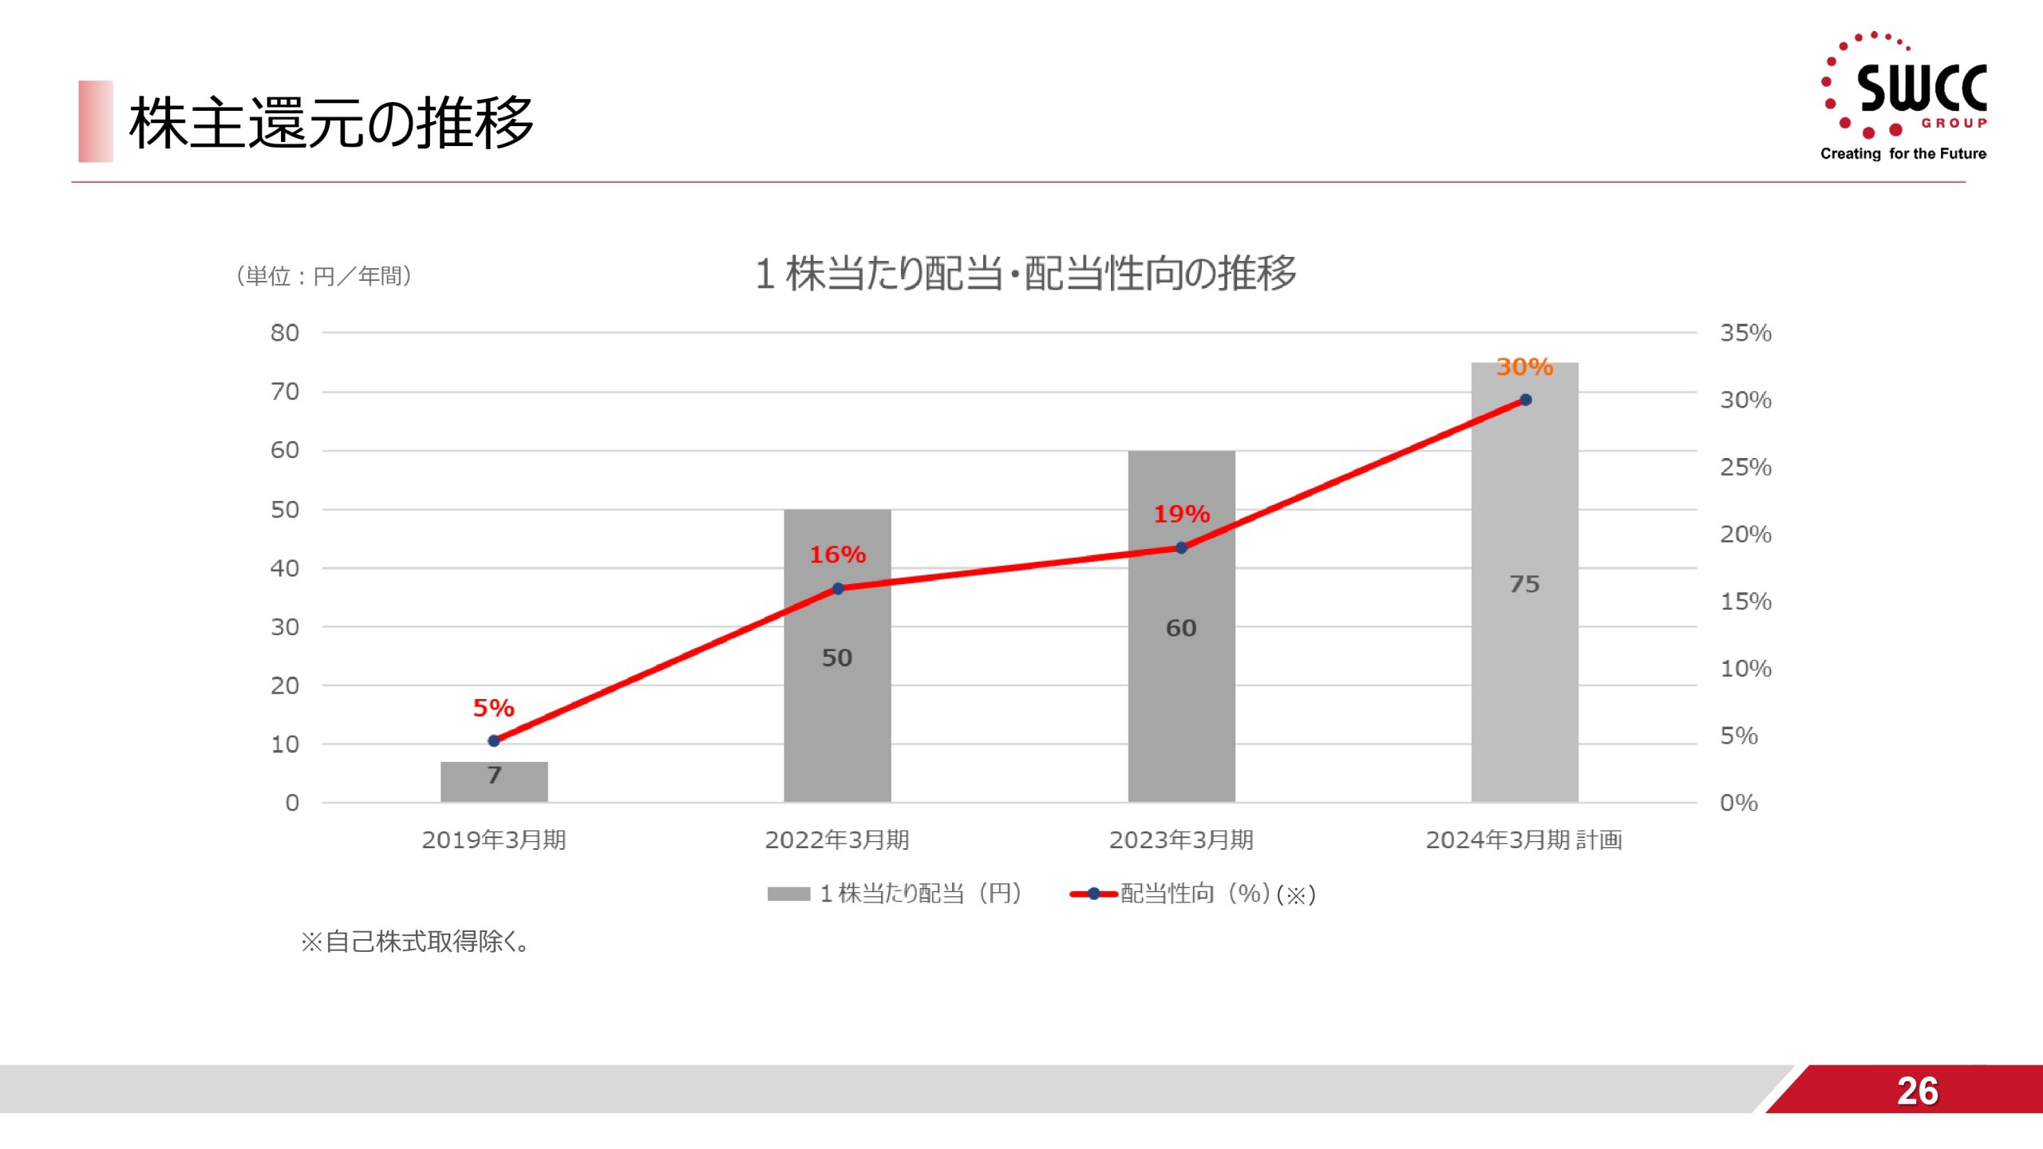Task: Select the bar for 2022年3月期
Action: click(837, 702)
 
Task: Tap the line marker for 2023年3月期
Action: click(1181, 548)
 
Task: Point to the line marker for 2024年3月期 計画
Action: click(1525, 400)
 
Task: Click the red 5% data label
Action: click(493, 708)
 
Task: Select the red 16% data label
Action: click(837, 555)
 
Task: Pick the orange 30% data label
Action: click(1524, 367)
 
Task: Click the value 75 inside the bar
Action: click(1524, 584)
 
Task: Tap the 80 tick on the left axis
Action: click(284, 333)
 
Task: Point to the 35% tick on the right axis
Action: click(1745, 333)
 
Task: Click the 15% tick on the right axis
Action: click(1745, 602)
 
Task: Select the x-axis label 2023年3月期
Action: click(1181, 839)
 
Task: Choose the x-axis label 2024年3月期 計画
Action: click(1523, 839)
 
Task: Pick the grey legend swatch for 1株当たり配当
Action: click(788, 894)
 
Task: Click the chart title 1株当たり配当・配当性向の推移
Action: click(1025, 274)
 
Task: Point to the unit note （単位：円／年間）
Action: click(324, 276)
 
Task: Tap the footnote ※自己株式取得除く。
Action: click(415, 942)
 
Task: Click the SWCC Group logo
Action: click(1906, 96)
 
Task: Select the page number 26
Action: click(1917, 1091)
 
